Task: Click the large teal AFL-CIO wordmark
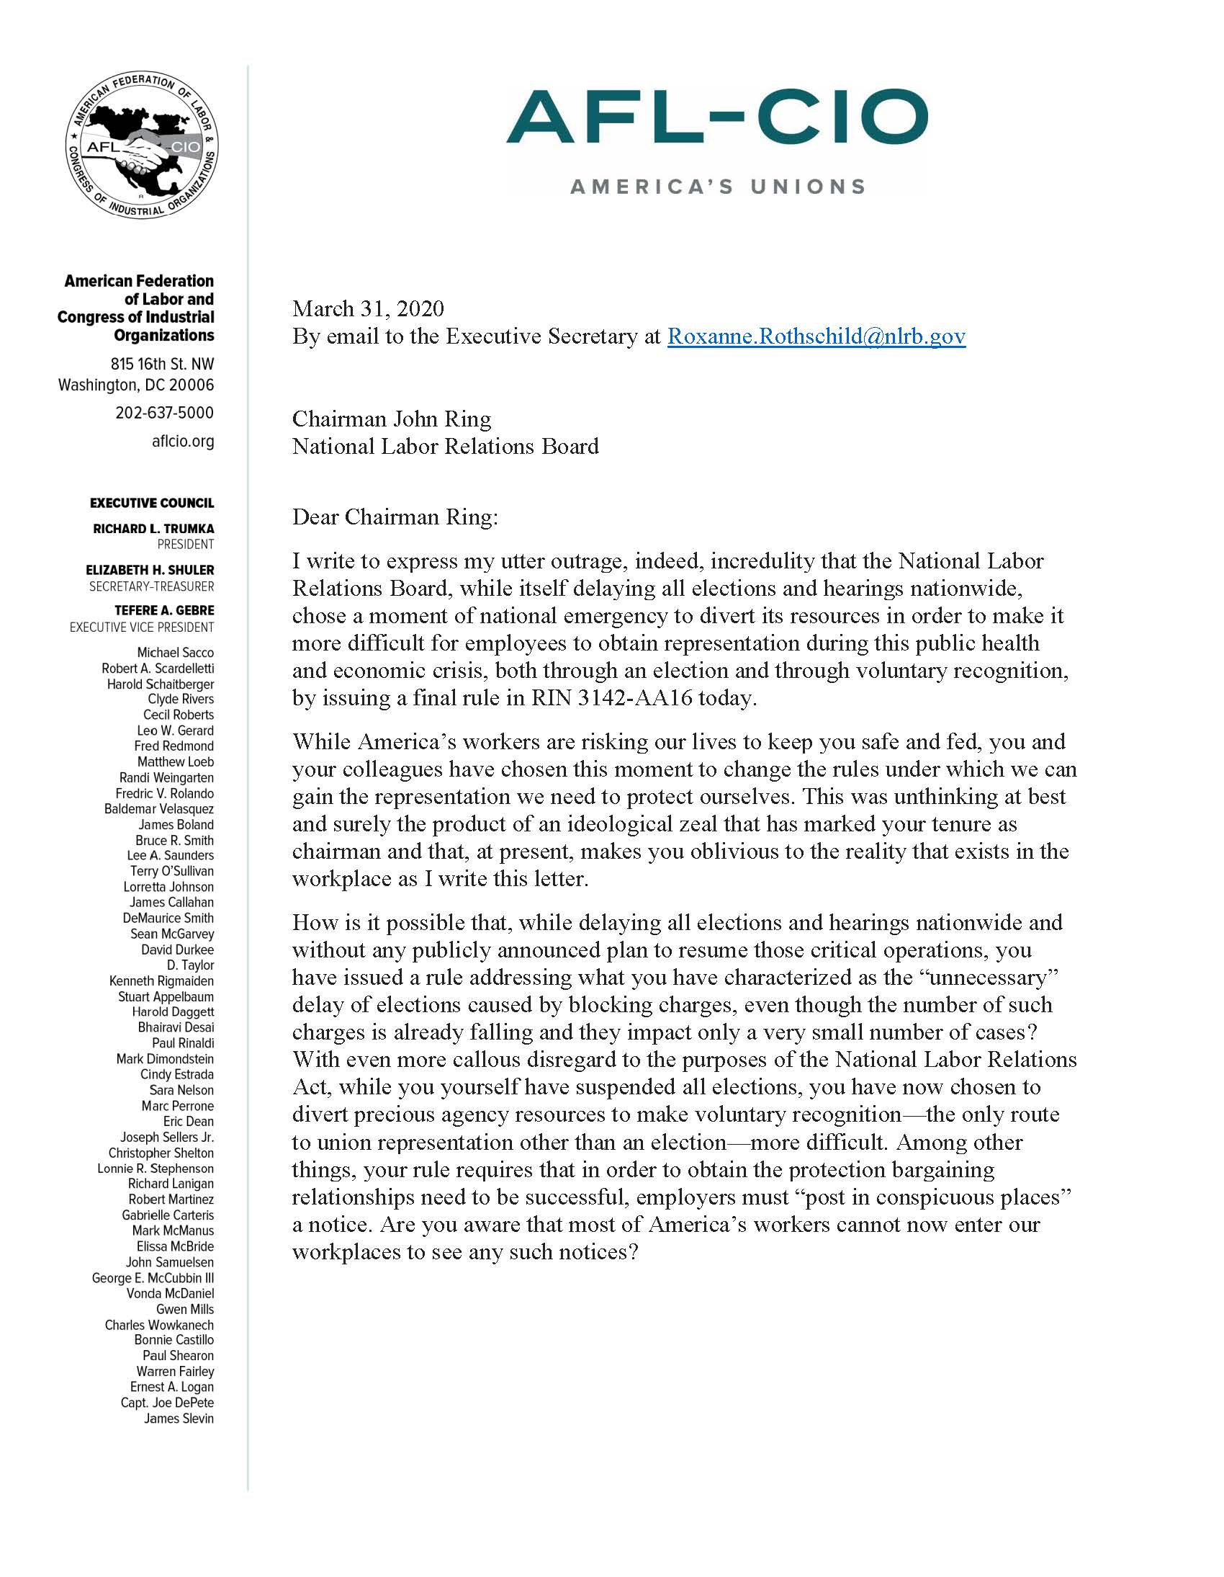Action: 716,117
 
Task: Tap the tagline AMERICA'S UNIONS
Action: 717,187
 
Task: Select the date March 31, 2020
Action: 368,309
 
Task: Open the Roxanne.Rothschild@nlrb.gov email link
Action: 816,336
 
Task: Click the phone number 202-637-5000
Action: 165,413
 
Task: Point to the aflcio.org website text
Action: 183,441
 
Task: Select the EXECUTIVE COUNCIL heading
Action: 152,504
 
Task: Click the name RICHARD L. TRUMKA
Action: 154,530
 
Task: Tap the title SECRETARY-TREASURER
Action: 151,586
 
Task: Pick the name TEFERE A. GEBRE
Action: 165,611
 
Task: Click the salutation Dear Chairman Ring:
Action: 395,517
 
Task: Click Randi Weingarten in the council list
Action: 167,777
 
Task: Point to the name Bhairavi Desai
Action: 176,1027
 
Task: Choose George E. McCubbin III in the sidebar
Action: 153,1278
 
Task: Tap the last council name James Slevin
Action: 179,1418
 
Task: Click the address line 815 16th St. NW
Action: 163,364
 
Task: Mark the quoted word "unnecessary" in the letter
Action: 991,978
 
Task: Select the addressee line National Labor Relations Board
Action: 445,446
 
